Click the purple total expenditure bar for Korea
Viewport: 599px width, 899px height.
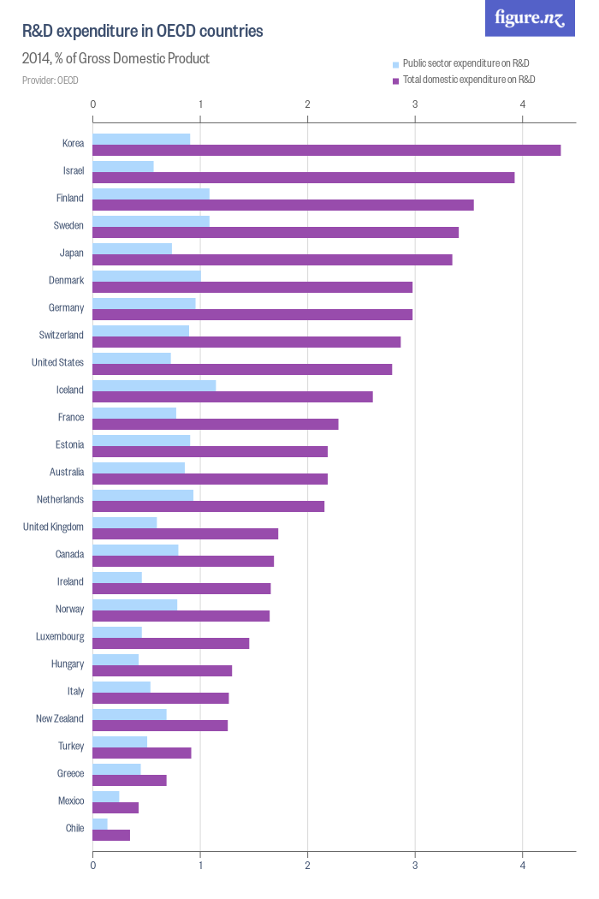326,150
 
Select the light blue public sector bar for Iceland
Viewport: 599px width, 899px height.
154,385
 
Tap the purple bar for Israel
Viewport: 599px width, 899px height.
303,177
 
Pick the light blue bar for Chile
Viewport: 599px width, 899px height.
100,824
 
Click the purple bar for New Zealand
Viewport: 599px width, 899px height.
160,725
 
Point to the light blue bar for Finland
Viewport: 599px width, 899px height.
151,193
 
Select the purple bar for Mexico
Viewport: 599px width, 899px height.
116,807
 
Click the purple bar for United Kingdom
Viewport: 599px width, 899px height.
185,533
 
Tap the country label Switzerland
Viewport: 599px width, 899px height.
62,335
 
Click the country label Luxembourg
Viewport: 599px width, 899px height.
60,636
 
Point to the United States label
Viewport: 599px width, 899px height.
57,362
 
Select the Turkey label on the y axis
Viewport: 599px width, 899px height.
71,746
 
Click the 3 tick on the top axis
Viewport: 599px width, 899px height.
415,104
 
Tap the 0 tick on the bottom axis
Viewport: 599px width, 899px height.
92,866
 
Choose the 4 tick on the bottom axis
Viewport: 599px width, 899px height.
523,866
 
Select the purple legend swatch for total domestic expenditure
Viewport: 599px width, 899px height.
395,80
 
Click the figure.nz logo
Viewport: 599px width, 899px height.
530,18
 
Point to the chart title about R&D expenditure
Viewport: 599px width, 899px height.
142,32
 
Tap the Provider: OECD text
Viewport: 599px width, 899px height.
50,80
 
